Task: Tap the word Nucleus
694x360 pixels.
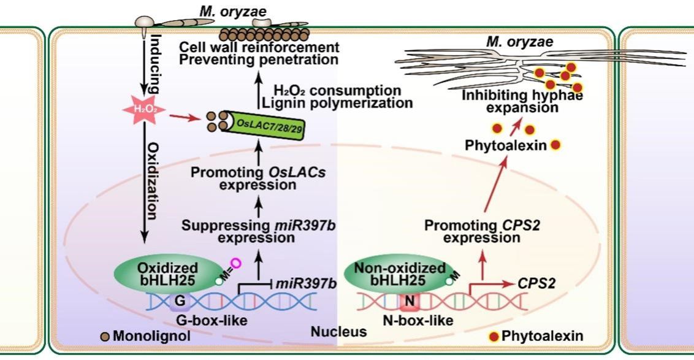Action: pyautogui.click(x=338, y=332)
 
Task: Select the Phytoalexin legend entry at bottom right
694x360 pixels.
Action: pyautogui.click(x=537, y=336)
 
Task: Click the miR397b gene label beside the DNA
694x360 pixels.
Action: pyautogui.click(x=298, y=283)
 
